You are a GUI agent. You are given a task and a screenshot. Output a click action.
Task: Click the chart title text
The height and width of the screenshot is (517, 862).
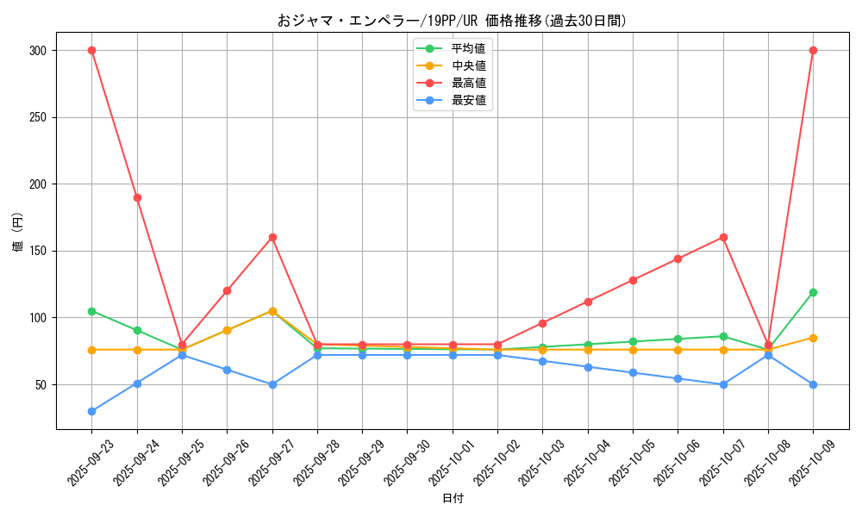(452, 21)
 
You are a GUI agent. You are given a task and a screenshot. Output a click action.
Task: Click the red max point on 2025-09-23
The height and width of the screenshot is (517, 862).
(91, 50)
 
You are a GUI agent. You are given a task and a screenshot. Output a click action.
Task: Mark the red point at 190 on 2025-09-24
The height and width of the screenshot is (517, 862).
(137, 197)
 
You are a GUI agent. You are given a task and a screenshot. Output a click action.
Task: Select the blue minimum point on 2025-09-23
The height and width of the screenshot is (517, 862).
(91, 411)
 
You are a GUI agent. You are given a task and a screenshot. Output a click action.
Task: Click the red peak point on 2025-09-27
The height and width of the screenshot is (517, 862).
(272, 237)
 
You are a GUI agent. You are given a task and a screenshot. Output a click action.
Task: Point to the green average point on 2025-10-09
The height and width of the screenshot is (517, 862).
(813, 292)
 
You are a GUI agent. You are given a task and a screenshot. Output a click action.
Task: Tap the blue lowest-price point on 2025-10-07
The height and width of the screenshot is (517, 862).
(723, 384)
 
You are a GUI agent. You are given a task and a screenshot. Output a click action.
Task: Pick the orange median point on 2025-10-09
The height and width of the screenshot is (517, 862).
(813, 338)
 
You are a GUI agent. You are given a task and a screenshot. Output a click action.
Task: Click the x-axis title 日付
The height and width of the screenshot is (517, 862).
(453, 499)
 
